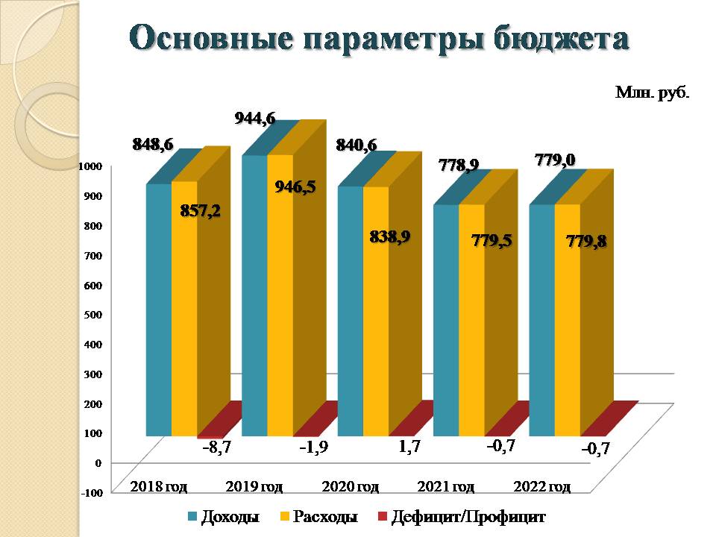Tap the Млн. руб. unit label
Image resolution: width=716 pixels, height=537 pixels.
651,93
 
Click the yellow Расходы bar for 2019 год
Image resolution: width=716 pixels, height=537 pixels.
280,313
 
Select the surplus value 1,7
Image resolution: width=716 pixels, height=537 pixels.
410,448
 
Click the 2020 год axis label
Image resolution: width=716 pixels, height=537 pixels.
350,487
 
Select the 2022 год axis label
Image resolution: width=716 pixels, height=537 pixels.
542,487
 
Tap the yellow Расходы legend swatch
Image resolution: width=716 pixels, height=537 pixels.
283,516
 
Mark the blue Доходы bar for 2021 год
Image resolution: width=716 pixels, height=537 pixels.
445,321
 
